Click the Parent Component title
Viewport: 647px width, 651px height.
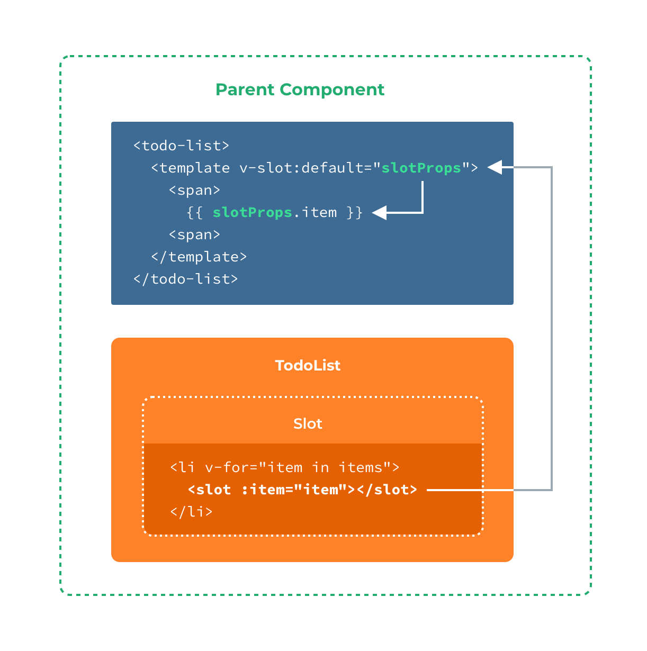pyautogui.click(x=300, y=89)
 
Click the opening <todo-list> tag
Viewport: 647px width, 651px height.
pyautogui.click(x=181, y=146)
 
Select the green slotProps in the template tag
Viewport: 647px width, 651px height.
pyautogui.click(x=421, y=168)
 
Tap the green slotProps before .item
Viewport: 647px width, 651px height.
pyautogui.click(x=253, y=212)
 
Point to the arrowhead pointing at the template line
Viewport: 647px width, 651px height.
pyautogui.click(x=495, y=167)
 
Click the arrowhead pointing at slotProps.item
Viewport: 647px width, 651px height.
pyautogui.click(x=379, y=213)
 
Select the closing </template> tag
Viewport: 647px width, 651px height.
pyautogui.click(x=199, y=257)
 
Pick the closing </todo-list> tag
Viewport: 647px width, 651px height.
pyautogui.click(x=185, y=279)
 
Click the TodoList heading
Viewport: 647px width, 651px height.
pyautogui.click(x=308, y=365)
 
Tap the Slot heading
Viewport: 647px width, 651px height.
pyautogui.click(x=308, y=423)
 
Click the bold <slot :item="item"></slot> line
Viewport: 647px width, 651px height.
pyautogui.click(x=302, y=490)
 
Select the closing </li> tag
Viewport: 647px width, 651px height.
pyautogui.click(x=191, y=512)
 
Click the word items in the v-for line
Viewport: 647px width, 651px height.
pyautogui.click(x=361, y=467)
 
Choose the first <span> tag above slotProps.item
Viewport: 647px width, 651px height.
pyautogui.click(x=194, y=190)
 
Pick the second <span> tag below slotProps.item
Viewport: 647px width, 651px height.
pyautogui.click(x=194, y=234)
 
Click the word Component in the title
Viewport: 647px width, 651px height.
pyautogui.click(x=332, y=89)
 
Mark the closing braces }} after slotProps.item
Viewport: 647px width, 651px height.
pyautogui.click(x=355, y=212)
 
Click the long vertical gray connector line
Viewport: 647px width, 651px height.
pyautogui.click(x=552, y=328)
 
